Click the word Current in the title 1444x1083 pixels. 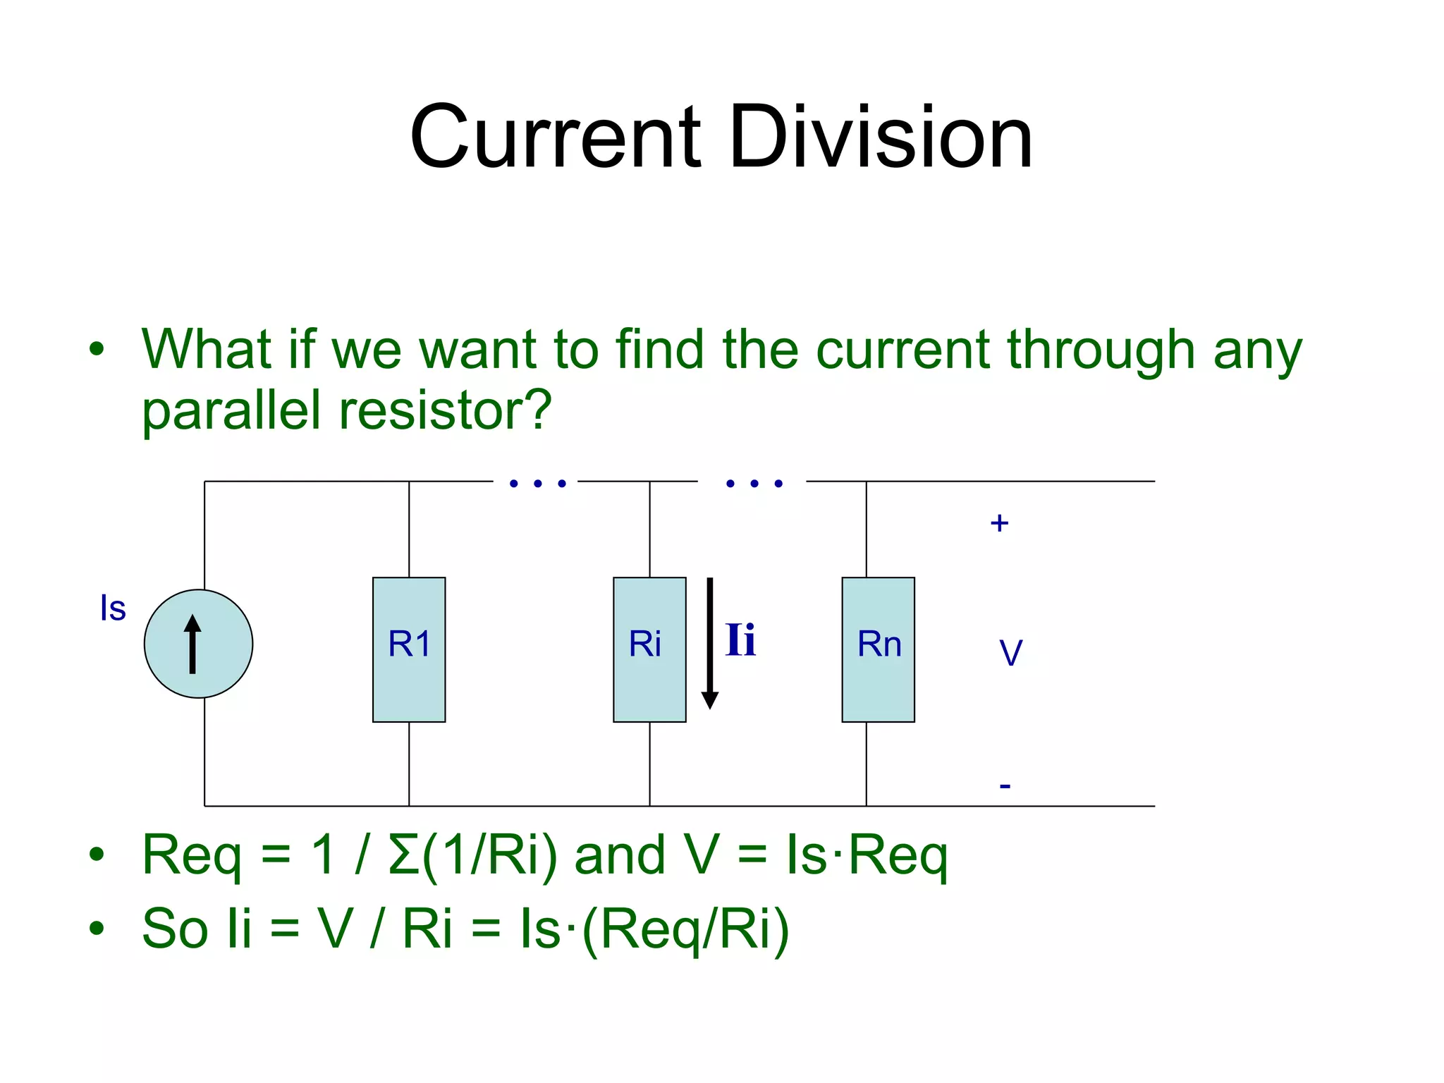(x=557, y=137)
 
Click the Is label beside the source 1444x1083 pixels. (x=113, y=608)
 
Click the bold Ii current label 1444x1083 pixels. (x=740, y=640)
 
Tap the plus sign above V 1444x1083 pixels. (x=999, y=523)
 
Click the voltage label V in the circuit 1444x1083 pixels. (x=1010, y=653)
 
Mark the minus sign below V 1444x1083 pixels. (x=1005, y=785)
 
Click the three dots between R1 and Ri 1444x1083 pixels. (x=537, y=484)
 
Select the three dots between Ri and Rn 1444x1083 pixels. (x=754, y=484)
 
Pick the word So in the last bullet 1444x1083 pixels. (x=176, y=929)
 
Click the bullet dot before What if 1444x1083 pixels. (x=97, y=348)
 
